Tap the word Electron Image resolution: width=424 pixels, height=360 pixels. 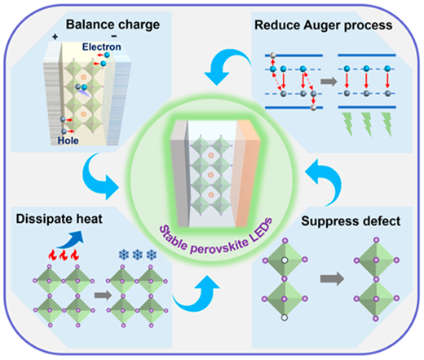(102, 47)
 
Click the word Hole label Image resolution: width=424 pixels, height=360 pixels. (68, 140)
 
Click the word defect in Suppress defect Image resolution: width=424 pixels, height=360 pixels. (382, 221)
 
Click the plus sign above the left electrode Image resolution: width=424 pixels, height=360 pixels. (55, 37)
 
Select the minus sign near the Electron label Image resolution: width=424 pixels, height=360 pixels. (114, 36)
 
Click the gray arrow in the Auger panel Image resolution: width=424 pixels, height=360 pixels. (329, 82)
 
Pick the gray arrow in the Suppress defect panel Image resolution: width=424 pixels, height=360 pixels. (332, 278)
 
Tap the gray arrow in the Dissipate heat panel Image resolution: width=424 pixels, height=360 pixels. (103, 296)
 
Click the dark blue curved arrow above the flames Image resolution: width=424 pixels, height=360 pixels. (71, 240)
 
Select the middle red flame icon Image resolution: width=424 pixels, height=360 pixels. (64, 256)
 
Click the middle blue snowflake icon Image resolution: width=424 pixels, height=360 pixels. (138, 255)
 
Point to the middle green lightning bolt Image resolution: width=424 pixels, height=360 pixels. (368, 124)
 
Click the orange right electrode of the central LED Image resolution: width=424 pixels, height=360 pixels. (247, 173)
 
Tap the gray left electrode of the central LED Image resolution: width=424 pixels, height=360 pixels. (179, 173)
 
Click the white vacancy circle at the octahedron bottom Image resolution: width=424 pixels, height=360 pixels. (285, 318)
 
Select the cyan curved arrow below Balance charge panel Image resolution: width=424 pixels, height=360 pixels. (100, 179)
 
